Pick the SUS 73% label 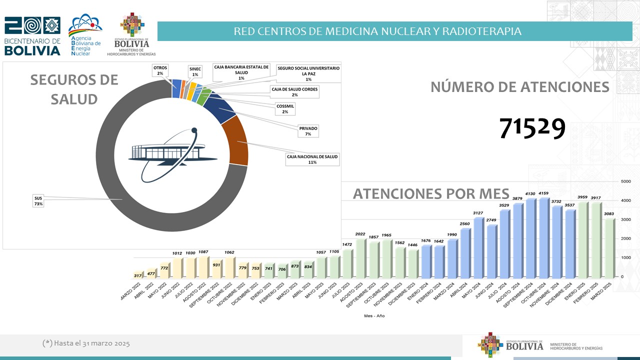(38, 201)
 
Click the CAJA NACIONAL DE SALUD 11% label (312, 159)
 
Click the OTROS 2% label (160, 70)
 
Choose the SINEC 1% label (195, 71)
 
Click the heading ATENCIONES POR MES (431, 193)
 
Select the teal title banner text (377, 31)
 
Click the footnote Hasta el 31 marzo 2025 (86, 343)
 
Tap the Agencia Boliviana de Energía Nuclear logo (85, 35)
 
